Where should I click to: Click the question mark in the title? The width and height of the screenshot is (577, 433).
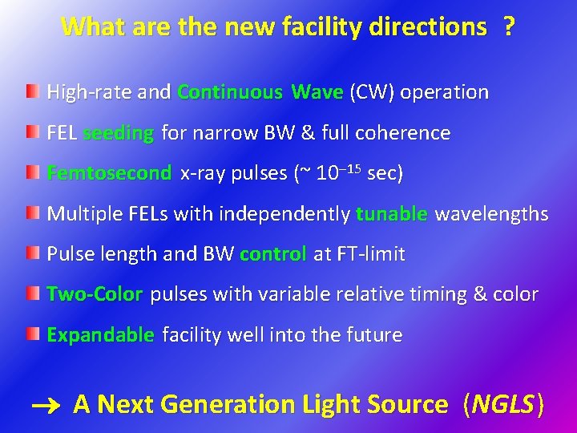[x=508, y=26]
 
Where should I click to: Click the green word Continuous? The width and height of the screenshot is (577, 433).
[x=230, y=92]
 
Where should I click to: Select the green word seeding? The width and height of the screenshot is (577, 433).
[x=118, y=133]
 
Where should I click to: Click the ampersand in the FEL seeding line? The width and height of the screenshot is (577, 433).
[x=308, y=133]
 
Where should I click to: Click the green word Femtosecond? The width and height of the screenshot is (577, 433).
[x=109, y=173]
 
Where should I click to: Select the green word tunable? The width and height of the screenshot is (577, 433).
[x=392, y=214]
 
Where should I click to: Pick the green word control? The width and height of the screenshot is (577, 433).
[x=272, y=255]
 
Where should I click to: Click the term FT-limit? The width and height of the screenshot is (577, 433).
[x=371, y=255]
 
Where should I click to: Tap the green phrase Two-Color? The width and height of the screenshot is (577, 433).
[x=95, y=294]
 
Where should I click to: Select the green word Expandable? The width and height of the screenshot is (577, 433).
[x=100, y=335]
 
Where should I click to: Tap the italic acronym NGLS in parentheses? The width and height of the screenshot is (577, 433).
[x=503, y=405]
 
